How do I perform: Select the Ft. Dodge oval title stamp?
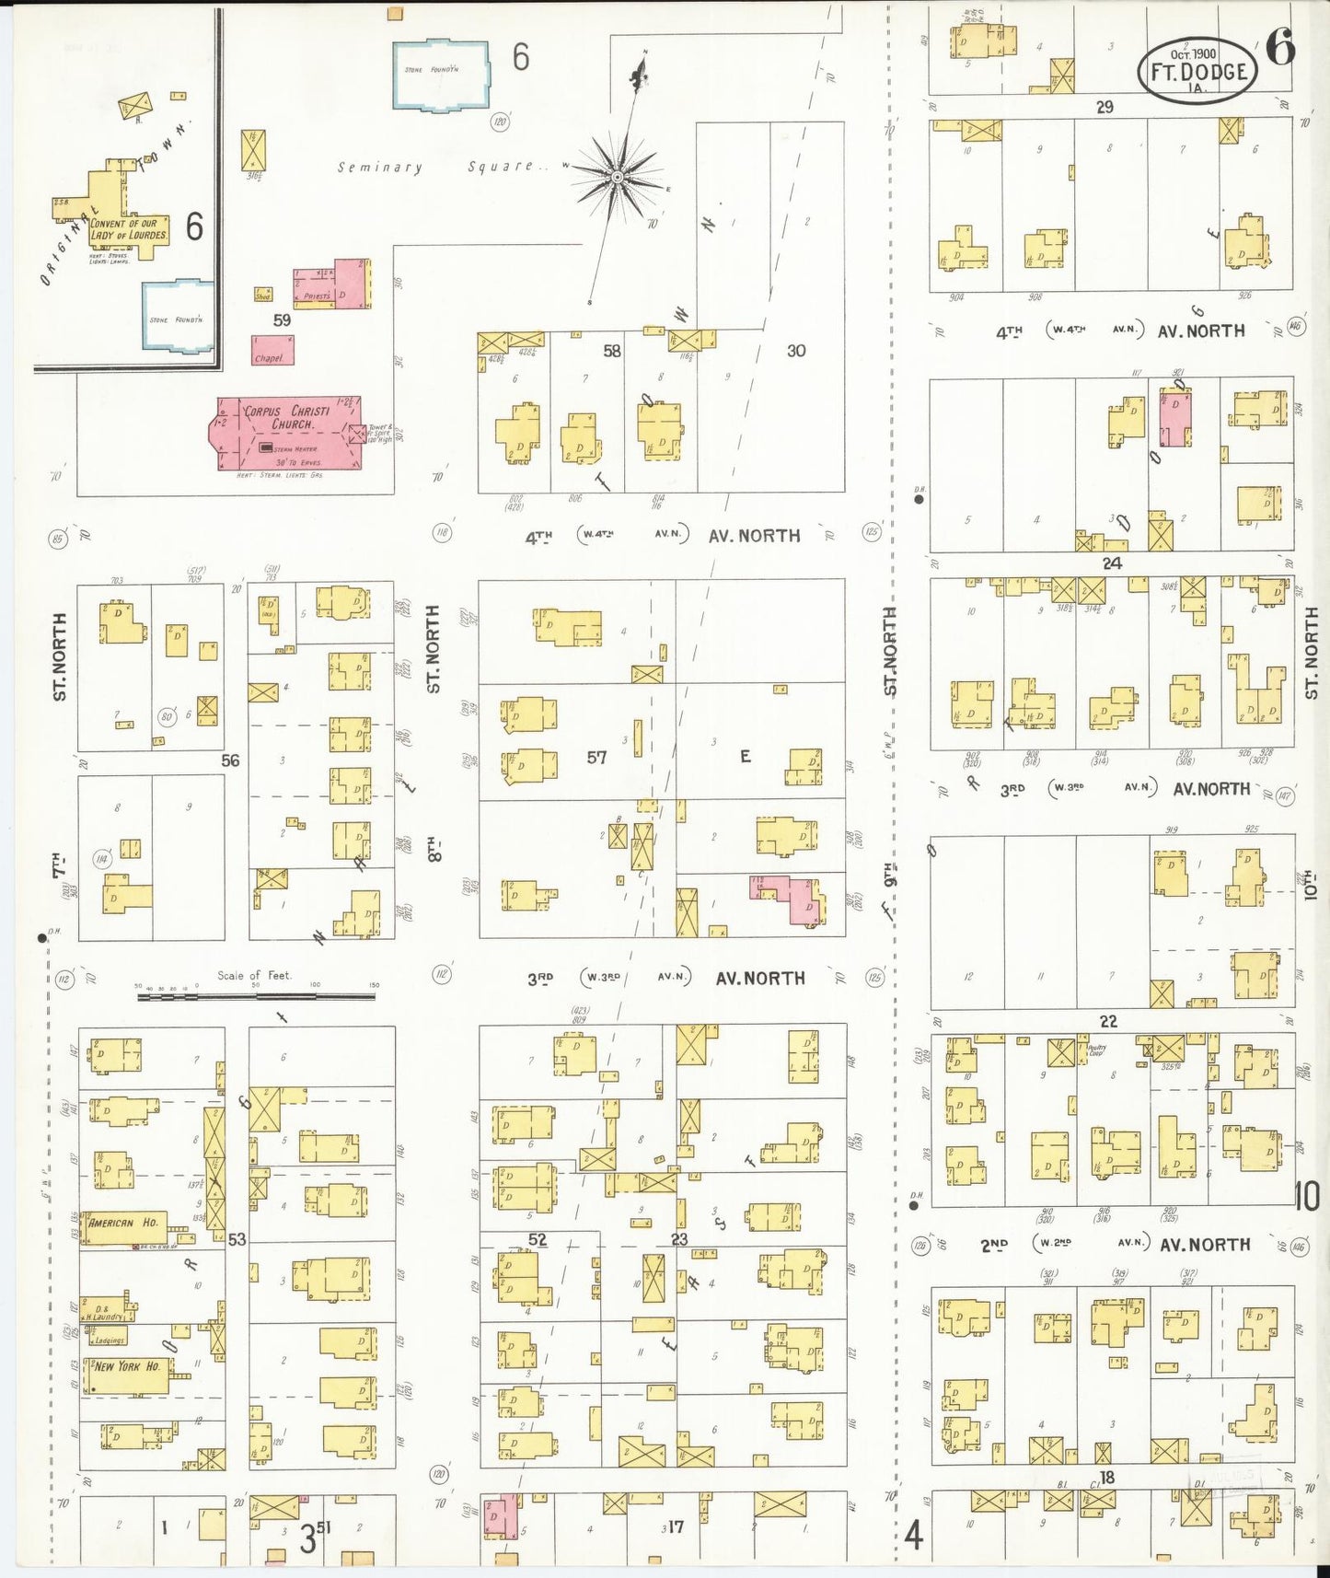(x=1197, y=71)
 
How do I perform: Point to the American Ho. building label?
(x=124, y=1224)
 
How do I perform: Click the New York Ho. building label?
(x=127, y=1367)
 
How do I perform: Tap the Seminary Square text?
(x=440, y=168)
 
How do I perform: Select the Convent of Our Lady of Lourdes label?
(x=129, y=229)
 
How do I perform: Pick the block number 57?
(x=596, y=758)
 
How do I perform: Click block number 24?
(x=1112, y=563)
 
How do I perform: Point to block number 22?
(x=1108, y=1021)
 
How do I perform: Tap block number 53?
(x=237, y=1239)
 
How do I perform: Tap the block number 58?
(x=611, y=351)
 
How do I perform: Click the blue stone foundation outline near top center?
(x=441, y=75)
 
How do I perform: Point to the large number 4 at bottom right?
(x=913, y=1536)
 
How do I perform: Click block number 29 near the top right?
(x=1104, y=107)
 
